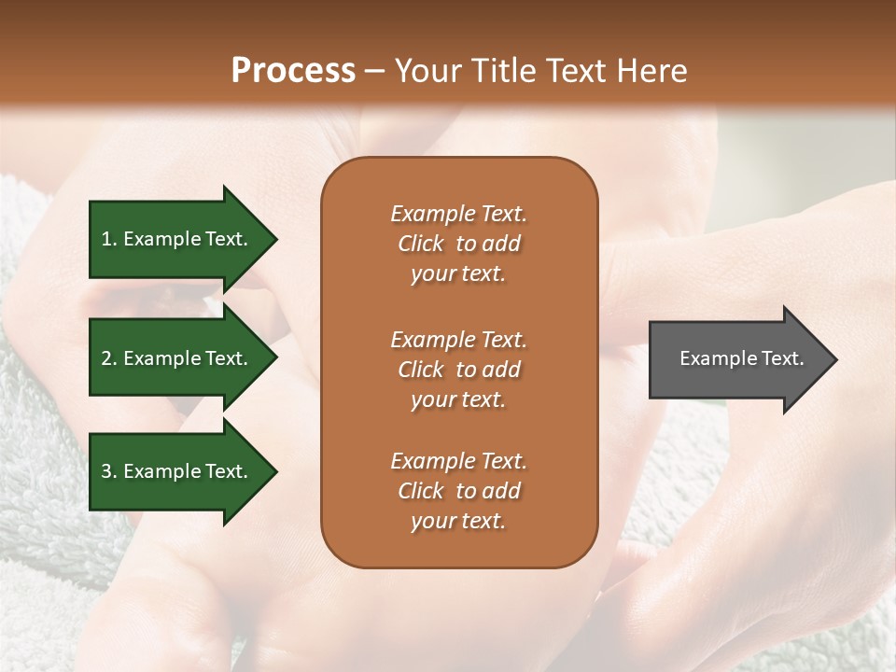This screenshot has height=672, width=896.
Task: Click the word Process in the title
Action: point(293,71)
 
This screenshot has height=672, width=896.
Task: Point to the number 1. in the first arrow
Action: point(109,239)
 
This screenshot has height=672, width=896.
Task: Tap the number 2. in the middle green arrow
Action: point(109,358)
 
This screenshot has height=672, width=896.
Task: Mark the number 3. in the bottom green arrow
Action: point(109,471)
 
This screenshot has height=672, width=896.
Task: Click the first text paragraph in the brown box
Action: point(458,244)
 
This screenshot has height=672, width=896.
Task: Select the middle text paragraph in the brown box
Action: point(458,370)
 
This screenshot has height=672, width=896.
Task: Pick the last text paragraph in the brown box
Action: point(458,491)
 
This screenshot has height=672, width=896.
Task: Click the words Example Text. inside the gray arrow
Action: point(741,358)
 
